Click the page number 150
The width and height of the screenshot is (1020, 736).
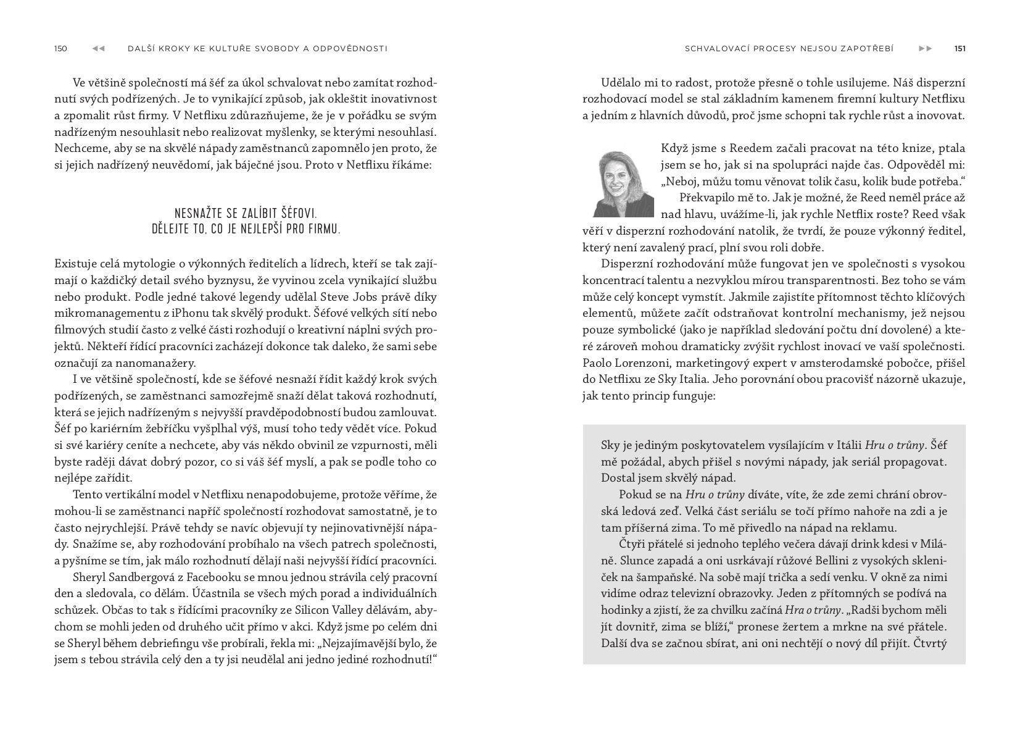pos(60,49)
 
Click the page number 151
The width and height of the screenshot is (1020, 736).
pos(960,49)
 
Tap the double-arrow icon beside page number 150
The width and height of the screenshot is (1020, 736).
pos(98,49)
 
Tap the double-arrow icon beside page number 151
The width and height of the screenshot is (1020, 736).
pos(926,49)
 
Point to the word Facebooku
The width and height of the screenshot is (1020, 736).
pos(212,577)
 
